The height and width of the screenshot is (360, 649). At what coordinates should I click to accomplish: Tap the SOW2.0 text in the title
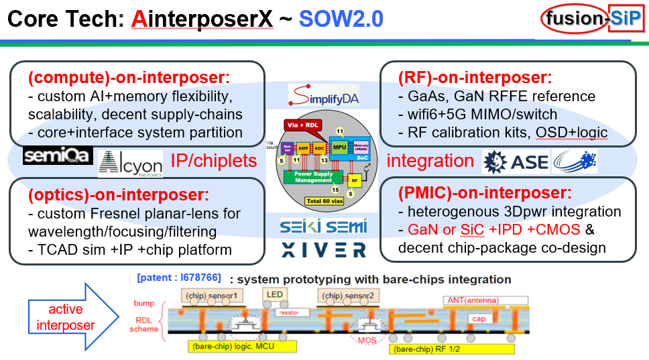pyautogui.click(x=341, y=19)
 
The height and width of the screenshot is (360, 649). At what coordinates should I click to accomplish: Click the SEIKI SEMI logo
pyautogui.click(x=323, y=227)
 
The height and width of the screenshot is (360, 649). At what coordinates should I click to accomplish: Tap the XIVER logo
pyautogui.click(x=324, y=249)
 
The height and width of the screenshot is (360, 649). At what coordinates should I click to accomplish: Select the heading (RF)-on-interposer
pyautogui.click(x=475, y=77)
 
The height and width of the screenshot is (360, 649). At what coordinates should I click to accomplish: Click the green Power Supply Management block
pyautogui.click(x=314, y=177)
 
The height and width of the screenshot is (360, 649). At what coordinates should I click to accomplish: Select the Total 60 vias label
pyautogui.click(x=324, y=200)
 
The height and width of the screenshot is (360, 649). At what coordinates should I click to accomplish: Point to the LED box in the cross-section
pyautogui.click(x=275, y=294)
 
